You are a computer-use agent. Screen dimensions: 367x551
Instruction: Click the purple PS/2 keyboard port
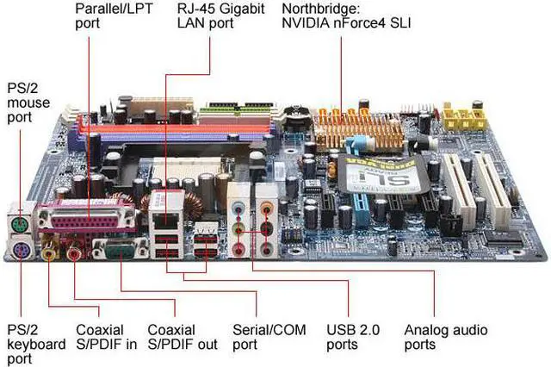click(20, 251)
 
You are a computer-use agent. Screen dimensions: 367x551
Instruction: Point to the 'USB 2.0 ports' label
click(353, 337)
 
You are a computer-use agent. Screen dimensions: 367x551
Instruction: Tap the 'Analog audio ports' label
click(445, 337)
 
